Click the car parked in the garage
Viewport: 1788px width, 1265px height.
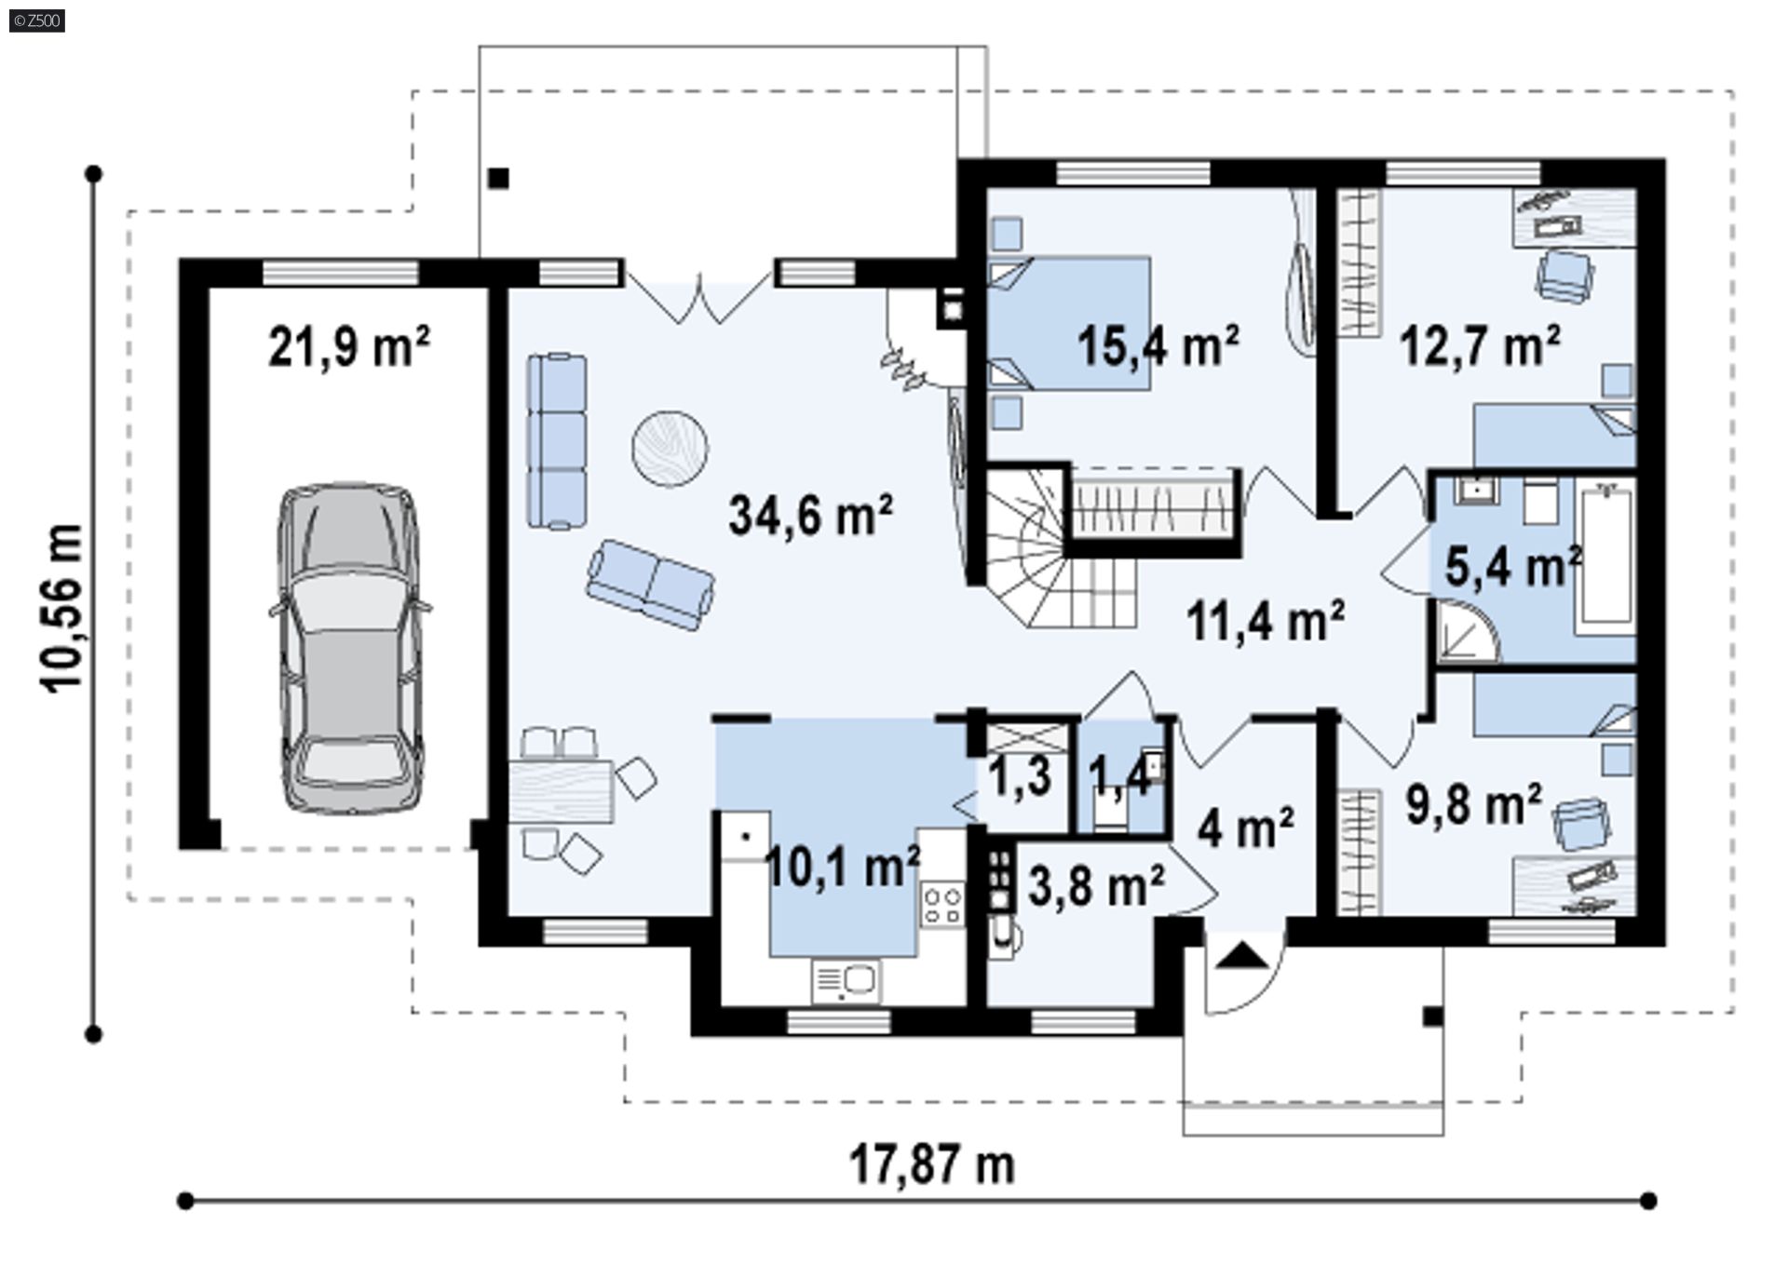[349, 648]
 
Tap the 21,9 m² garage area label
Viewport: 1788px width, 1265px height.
[349, 347]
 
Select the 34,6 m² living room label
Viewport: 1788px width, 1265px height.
[811, 515]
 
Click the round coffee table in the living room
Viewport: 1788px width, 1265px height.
[670, 448]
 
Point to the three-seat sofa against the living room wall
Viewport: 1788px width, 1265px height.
[557, 441]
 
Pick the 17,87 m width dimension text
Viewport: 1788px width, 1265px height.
[932, 1164]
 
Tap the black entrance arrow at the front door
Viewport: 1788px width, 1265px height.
[1244, 956]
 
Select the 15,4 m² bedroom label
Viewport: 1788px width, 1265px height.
[1158, 346]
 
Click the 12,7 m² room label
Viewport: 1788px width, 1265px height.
[1481, 346]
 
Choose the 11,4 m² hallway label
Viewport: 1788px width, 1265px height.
[1266, 621]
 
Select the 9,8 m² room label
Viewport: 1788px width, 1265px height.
[1474, 803]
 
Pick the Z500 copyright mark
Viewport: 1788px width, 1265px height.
[37, 20]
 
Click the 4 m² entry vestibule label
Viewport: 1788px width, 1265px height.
[1246, 827]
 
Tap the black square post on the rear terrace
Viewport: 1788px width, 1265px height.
[499, 178]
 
